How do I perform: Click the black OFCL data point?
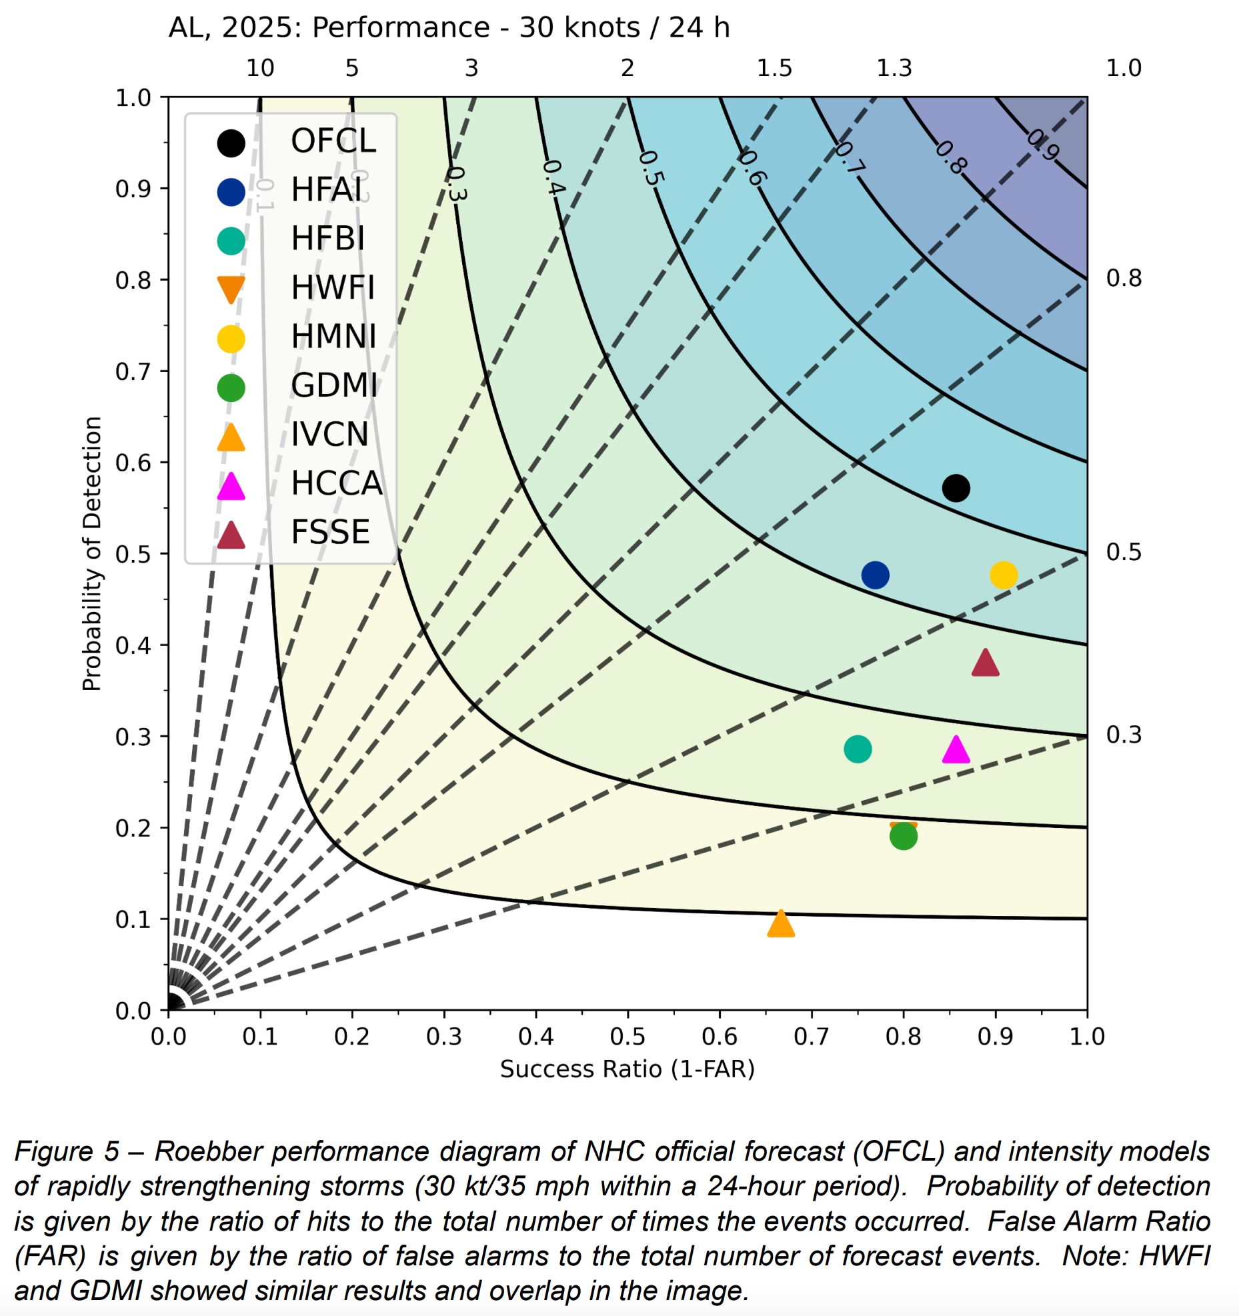tap(955, 488)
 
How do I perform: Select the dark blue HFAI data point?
tap(875, 575)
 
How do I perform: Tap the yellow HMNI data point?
tap(1003, 575)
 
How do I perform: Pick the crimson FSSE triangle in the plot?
tap(985, 664)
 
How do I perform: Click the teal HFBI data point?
tap(857, 749)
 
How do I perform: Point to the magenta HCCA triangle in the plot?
tap(956, 751)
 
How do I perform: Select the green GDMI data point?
tap(903, 835)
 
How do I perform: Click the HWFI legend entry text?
tap(333, 288)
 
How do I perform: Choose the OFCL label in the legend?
tap(333, 141)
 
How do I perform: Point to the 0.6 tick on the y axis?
tap(133, 463)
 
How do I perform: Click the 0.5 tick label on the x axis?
tap(627, 1037)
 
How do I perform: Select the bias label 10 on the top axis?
tap(260, 68)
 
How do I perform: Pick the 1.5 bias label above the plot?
tap(774, 68)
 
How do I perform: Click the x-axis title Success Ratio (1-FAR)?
tap(627, 1069)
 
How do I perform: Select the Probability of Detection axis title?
tap(91, 553)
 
